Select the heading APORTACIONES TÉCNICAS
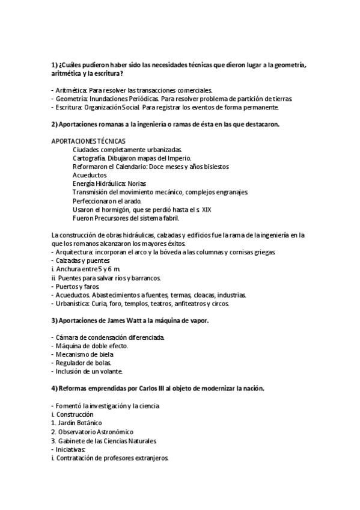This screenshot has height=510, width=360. pos(89,141)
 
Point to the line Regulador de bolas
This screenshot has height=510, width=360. pos(84,363)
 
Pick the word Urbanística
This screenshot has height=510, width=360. pos(73,304)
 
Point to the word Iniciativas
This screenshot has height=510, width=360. pos(71,449)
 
